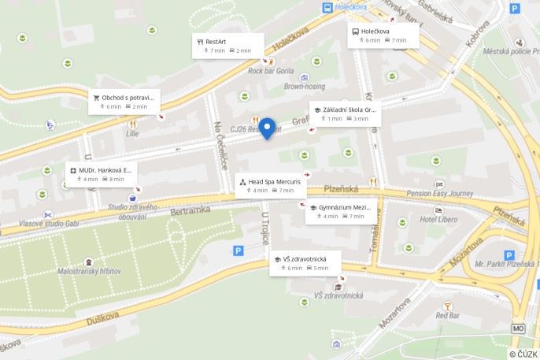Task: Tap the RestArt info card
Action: click(228, 45)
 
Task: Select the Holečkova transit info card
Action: click(383, 35)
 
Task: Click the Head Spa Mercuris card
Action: click(270, 185)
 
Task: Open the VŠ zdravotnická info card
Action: click(305, 263)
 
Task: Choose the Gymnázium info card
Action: click(341, 211)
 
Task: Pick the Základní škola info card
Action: click(344, 114)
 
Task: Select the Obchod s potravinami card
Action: click(124, 102)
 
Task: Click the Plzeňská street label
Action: click(340, 189)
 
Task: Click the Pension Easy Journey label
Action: click(440, 193)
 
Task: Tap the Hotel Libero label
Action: click(439, 219)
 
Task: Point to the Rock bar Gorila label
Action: click(271, 70)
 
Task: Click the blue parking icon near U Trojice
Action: click(239, 251)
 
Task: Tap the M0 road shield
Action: click(518, 328)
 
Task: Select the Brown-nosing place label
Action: click(305, 87)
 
